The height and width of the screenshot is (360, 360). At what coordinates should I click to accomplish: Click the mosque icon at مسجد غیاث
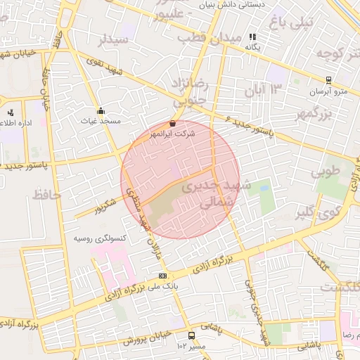[101, 110]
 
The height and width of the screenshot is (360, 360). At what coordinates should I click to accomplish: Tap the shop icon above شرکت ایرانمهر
[173, 123]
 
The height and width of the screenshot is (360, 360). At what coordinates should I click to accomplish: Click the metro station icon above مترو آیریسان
[328, 81]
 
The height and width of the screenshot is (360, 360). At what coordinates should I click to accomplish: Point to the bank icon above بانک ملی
[162, 276]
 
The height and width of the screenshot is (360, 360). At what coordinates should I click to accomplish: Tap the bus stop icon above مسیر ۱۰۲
[192, 335]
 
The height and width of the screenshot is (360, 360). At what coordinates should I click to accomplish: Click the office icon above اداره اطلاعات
[11, 112]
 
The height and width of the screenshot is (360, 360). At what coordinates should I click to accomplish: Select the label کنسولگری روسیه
[99, 238]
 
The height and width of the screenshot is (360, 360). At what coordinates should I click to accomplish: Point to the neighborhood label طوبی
[325, 171]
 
